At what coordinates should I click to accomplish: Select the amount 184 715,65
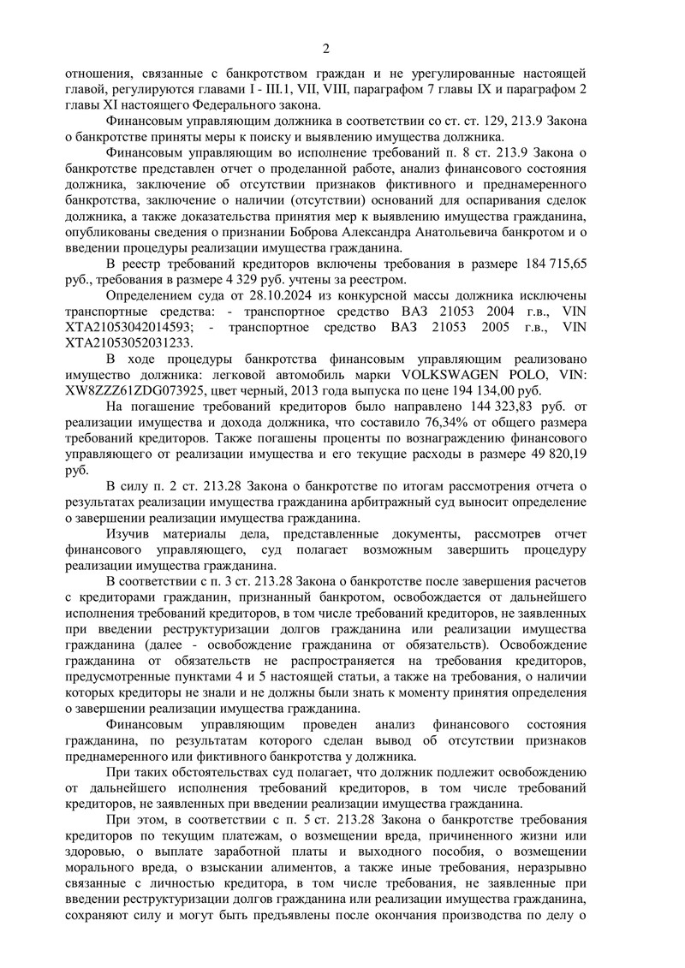tap(550, 264)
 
